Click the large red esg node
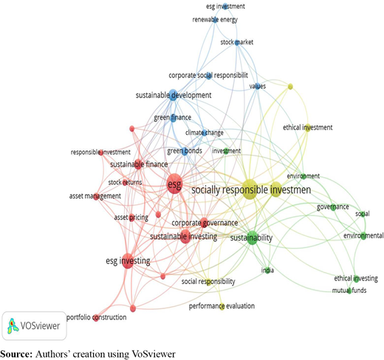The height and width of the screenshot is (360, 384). [174, 184]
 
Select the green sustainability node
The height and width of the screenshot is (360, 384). [252, 238]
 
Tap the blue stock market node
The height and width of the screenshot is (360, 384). [237, 43]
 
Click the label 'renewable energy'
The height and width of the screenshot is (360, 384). [215, 20]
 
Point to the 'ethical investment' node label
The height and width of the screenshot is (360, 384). [307, 128]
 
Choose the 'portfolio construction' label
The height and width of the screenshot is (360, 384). [97, 317]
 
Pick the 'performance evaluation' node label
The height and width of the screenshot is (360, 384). [222, 306]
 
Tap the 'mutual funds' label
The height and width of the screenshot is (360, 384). [349, 291]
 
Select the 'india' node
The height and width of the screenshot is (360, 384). [267, 271]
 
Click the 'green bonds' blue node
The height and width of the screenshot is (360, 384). [185, 150]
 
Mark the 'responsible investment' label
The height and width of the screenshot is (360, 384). [100, 153]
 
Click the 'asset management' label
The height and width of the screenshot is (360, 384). [95, 196]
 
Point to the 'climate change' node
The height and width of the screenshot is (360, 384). [204, 133]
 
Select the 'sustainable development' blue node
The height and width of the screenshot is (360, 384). [174, 95]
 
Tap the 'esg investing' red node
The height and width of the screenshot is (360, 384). [128, 260]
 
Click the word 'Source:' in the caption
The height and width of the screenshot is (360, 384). [16, 354]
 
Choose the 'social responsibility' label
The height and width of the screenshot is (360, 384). [208, 282]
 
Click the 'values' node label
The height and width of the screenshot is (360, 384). [258, 86]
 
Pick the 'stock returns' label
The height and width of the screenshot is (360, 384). [125, 182]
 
